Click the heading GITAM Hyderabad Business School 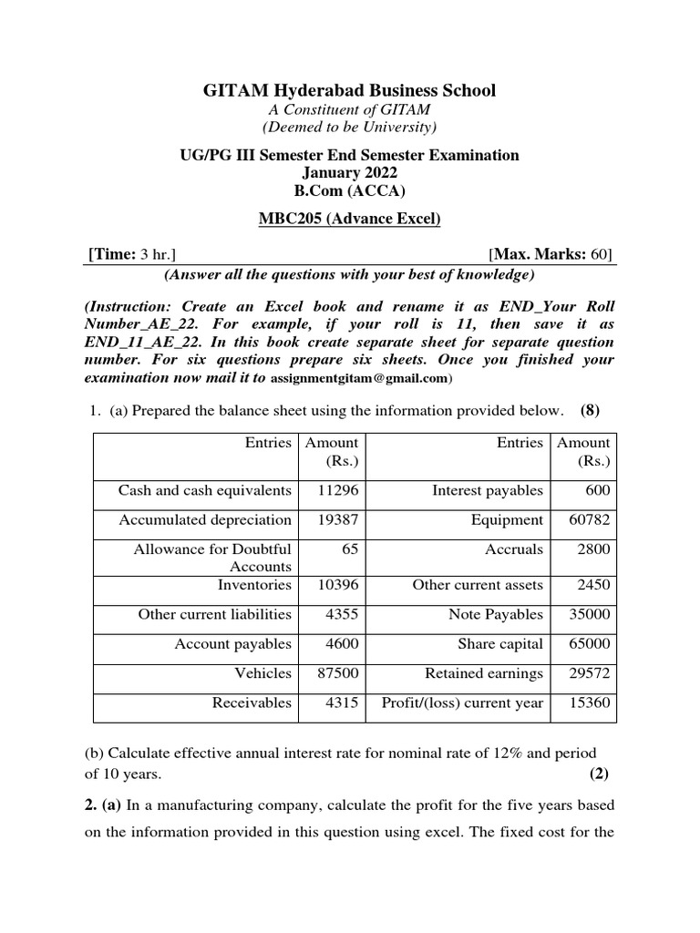349,90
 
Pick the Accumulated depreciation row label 205,519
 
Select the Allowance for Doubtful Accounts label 212,557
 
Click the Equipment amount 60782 589,519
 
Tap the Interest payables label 488,490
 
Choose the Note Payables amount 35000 589,614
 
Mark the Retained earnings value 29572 589,673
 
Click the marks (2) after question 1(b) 598,774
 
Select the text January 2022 349,173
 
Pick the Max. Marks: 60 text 551,253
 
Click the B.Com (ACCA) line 349,192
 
